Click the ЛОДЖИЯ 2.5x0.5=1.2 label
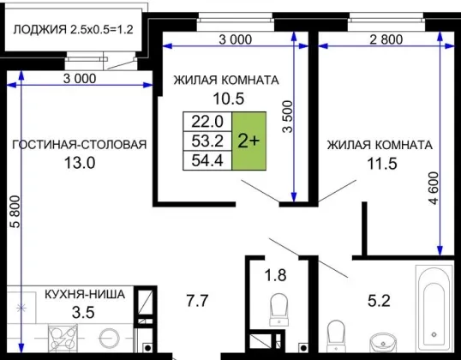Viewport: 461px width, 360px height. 73,29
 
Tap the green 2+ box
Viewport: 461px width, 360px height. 249,141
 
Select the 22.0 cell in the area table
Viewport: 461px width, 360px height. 207,122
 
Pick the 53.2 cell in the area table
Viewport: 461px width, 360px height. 207,141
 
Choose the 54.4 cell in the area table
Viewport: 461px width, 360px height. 207,160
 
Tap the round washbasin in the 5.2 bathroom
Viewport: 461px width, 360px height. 383,343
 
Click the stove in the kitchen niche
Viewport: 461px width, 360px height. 63,338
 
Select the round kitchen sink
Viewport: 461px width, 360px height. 109,339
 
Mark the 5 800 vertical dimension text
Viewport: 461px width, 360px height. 15,212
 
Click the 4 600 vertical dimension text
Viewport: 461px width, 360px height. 434,189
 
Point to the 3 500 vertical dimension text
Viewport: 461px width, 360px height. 288,117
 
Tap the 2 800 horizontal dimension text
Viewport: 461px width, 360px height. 386,39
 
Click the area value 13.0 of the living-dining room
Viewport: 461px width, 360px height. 80,163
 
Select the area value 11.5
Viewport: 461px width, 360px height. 382,164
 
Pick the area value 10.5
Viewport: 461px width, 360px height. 229,99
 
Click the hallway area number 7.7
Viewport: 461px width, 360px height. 198,301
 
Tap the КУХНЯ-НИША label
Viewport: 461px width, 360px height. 85,294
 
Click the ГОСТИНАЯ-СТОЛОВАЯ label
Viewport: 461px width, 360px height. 80,145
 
